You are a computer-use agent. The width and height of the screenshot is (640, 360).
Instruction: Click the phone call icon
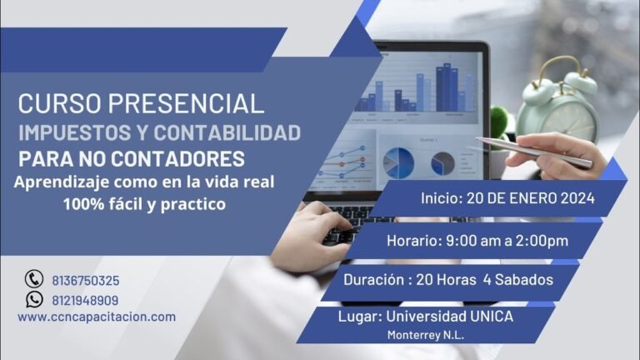(x=33, y=280)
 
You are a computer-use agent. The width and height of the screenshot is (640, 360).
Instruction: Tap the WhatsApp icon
(x=33, y=300)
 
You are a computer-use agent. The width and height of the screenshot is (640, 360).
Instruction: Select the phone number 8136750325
(x=84, y=281)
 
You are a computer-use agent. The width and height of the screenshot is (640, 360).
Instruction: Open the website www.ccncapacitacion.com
(x=97, y=317)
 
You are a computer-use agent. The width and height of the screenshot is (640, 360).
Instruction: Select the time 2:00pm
(x=542, y=241)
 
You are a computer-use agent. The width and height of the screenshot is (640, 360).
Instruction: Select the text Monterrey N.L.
(x=425, y=335)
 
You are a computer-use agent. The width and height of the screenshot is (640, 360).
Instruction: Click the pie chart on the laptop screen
(x=397, y=162)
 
